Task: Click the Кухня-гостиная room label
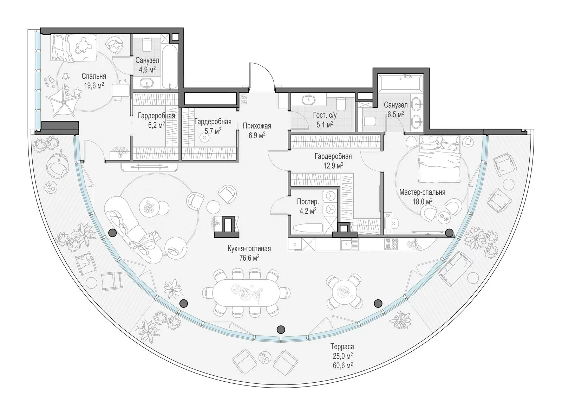(x=249, y=249)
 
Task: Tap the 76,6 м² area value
(x=249, y=258)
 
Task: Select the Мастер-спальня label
(x=422, y=192)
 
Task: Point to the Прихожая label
(x=257, y=126)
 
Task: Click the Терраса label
(x=342, y=346)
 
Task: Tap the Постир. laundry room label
(x=308, y=202)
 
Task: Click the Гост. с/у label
(x=325, y=115)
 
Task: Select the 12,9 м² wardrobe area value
(x=333, y=166)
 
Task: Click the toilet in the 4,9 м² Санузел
(x=146, y=46)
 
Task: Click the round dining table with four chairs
(x=344, y=292)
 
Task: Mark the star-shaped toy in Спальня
(x=77, y=91)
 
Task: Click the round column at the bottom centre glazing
(x=280, y=329)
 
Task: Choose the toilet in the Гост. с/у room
(x=341, y=104)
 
